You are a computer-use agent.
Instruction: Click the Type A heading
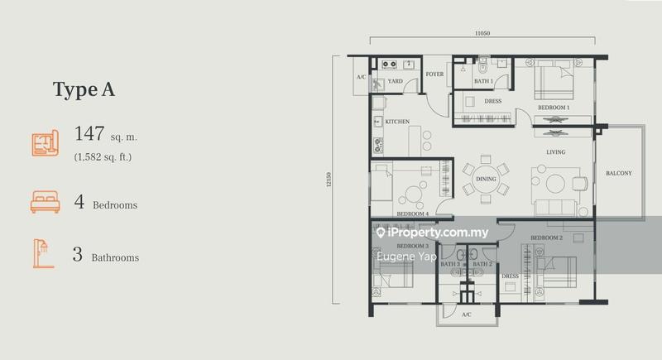[x=84, y=89]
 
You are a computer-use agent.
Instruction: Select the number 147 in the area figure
[x=89, y=133]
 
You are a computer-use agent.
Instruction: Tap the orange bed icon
[x=46, y=202]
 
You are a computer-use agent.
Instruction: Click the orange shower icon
[x=43, y=253]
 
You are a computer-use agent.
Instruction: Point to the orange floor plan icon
[x=46, y=143]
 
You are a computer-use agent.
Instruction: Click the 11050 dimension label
[x=482, y=33]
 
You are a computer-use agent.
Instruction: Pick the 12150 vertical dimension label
[x=329, y=180]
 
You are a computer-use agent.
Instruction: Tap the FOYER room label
[x=434, y=74]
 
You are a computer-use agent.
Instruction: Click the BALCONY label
[x=619, y=173]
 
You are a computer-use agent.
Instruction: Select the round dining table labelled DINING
[x=486, y=179]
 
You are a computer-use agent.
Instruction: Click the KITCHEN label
[x=397, y=122]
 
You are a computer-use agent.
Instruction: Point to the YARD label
[x=396, y=81]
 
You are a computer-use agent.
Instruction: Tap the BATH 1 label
[x=483, y=81]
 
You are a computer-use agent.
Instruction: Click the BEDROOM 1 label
[x=554, y=108]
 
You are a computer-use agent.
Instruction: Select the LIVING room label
[x=555, y=152]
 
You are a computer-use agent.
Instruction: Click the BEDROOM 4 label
[x=412, y=214]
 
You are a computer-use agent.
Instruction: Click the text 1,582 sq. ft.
[x=103, y=157]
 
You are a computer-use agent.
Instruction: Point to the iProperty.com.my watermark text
[x=432, y=233]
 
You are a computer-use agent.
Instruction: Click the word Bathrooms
[x=115, y=257]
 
